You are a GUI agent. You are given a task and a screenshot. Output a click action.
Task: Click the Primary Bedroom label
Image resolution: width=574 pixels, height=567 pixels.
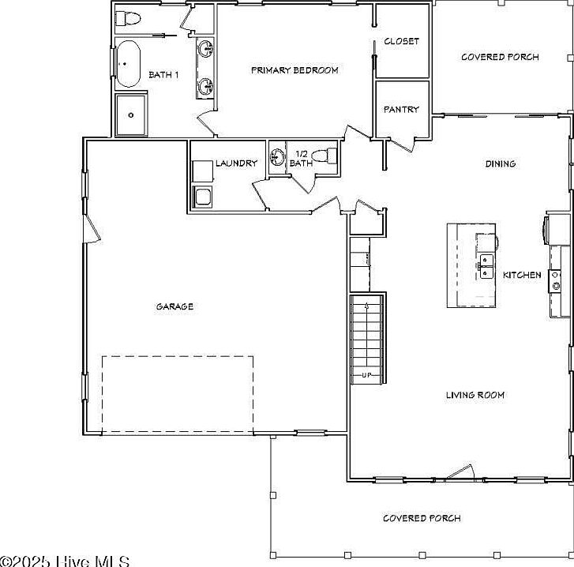(294, 70)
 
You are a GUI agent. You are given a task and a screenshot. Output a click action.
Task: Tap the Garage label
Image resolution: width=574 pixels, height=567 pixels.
(174, 306)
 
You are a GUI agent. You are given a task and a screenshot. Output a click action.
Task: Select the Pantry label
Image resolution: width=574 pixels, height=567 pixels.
(401, 110)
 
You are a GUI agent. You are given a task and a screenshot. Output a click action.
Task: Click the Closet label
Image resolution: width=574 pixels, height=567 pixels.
(401, 41)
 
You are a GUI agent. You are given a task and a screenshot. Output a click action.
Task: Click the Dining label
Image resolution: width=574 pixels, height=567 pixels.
(500, 164)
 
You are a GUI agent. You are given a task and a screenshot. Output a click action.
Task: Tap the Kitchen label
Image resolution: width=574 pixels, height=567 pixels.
(522, 275)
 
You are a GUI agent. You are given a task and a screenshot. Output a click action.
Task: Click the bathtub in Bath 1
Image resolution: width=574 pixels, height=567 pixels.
(129, 64)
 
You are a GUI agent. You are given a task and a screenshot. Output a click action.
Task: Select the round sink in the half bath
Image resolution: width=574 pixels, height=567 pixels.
(277, 156)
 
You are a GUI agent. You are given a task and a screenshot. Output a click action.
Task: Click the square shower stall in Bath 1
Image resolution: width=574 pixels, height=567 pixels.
(130, 115)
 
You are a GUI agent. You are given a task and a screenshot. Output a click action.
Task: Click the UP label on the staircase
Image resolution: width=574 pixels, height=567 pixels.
(366, 374)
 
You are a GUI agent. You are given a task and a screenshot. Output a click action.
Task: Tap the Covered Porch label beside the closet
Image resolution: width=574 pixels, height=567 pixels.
(500, 57)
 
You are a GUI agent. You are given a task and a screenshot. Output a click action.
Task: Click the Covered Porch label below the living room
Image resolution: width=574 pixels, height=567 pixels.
(422, 518)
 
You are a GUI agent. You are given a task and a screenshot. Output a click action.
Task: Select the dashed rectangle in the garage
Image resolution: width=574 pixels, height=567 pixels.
(178, 393)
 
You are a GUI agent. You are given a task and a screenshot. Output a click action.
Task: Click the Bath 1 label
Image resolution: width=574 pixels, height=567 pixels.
(164, 75)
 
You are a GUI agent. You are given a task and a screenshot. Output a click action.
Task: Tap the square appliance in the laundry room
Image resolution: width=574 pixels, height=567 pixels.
(202, 197)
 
